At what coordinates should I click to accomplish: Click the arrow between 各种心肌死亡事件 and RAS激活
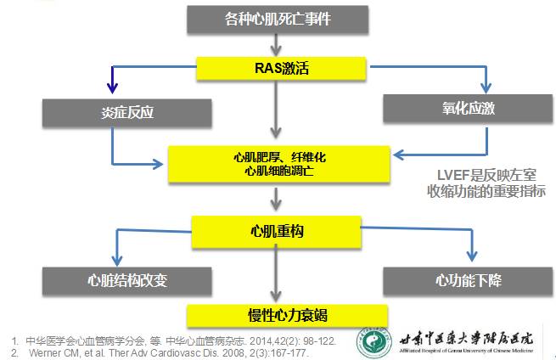272,42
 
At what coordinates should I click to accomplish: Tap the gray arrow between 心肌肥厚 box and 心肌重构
272,200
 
